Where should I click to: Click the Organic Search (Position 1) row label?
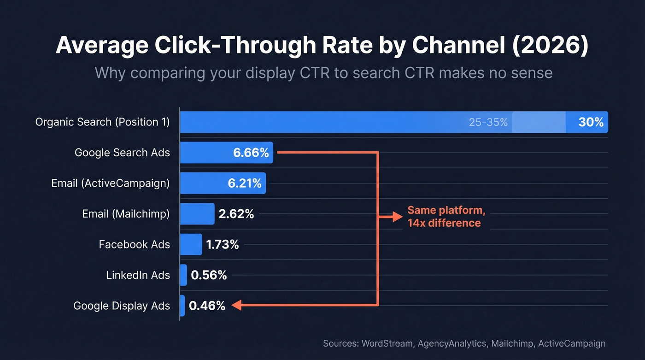point(103,122)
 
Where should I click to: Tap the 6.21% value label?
point(245,183)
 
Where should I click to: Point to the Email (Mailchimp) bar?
point(197,214)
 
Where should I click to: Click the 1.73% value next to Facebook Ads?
point(223,245)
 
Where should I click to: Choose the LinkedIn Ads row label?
point(138,275)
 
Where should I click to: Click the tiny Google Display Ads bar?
point(182,306)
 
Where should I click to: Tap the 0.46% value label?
point(207,306)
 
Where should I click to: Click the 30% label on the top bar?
point(591,122)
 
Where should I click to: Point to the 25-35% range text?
point(488,123)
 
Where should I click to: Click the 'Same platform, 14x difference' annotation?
point(446,217)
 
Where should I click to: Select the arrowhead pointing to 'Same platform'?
point(398,217)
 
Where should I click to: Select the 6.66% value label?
point(251,153)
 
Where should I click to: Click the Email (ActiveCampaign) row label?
point(111,183)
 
